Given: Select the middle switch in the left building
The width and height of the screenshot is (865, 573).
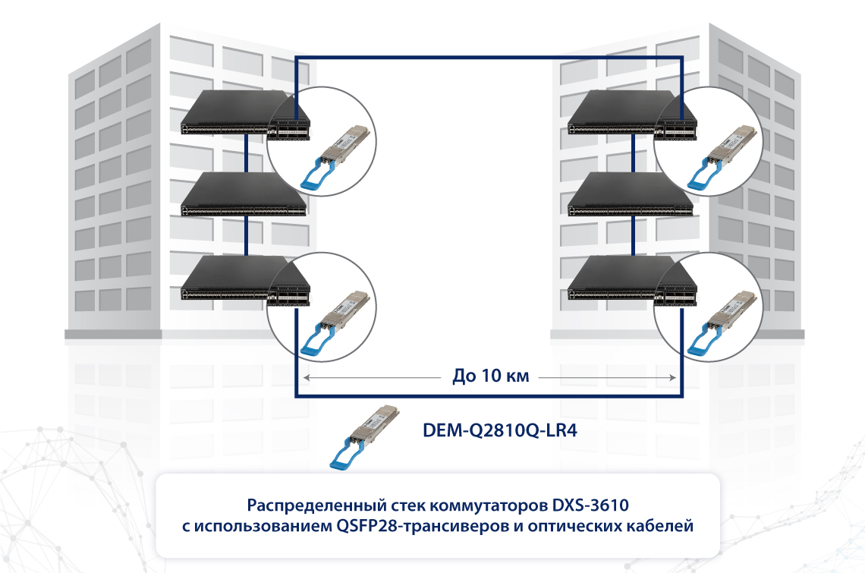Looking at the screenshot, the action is tap(244, 194).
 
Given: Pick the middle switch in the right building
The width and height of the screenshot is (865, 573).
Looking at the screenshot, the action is tap(630, 194).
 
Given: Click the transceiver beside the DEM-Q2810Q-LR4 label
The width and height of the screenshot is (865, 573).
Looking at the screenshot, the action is tap(364, 437).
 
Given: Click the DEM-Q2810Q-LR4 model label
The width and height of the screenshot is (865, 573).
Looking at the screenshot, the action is tap(500, 430).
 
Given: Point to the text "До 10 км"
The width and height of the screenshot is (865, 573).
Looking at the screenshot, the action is tap(490, 376).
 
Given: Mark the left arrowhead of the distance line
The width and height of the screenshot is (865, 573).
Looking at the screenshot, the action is tap(307, 378).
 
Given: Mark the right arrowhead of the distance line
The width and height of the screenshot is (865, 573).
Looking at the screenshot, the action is tap(672, 378).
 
